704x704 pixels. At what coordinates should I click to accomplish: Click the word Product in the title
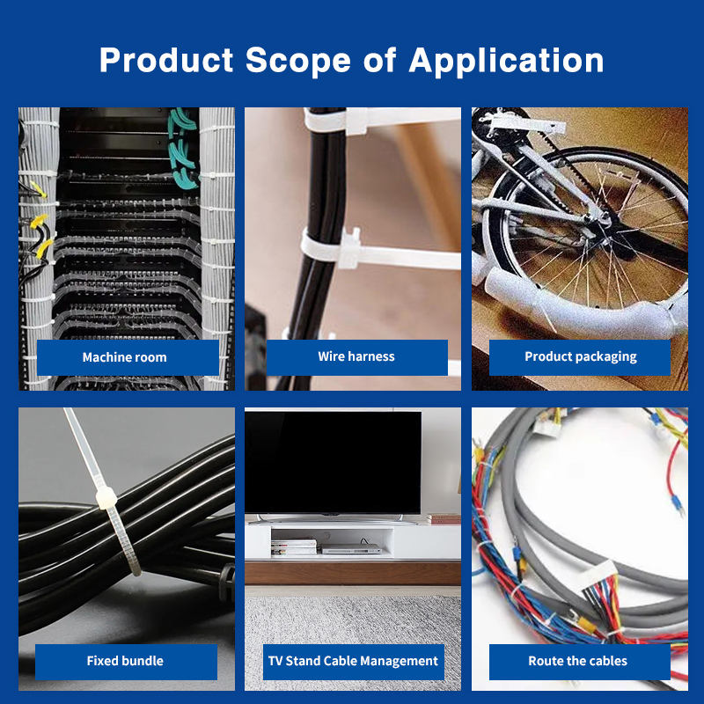(165, 61)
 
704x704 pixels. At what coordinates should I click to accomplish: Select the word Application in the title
(506, 61)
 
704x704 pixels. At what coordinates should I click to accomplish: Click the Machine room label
(124, 357)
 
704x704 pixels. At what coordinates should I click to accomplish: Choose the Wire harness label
(356, 356)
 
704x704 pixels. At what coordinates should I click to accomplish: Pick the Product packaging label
(580, 356)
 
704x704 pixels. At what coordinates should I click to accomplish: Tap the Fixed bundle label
(125, 661)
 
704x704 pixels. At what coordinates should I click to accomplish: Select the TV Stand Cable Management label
(353, 661)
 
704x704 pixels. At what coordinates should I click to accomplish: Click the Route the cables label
(577, 661)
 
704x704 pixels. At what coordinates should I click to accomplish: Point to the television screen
(333, 461)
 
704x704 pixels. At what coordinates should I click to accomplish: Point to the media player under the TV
(350, 549)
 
